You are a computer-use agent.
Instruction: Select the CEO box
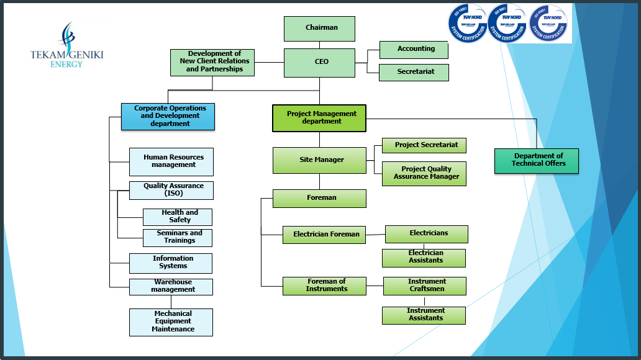point(319,63)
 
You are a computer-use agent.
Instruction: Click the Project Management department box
point(319,118)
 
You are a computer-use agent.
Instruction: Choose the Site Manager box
point(319,160)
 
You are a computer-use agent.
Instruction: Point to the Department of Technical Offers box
point(537,161)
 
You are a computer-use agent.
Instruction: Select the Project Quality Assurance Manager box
point(424,173)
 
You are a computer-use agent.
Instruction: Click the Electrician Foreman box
point(324,235)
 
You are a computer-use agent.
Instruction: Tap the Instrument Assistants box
point(424,315)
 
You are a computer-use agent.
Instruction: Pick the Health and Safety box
point(178,217)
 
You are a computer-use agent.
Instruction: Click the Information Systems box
point(171,263)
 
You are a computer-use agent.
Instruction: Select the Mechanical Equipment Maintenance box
point(171,322)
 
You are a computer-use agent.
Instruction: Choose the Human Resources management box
point(171,161)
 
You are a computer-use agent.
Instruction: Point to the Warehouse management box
point(171,286)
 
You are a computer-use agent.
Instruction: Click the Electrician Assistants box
point(424,258)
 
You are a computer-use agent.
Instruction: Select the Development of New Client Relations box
point(212,62)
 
